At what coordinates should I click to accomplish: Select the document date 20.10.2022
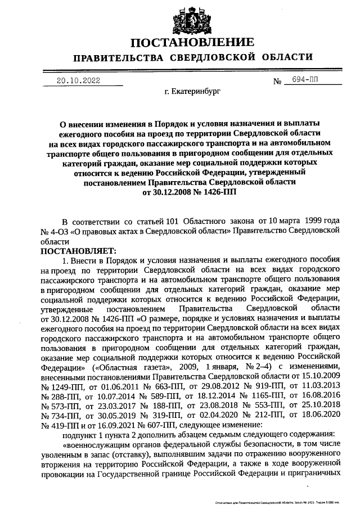point(78,80)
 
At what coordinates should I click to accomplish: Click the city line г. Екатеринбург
point(188,90)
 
